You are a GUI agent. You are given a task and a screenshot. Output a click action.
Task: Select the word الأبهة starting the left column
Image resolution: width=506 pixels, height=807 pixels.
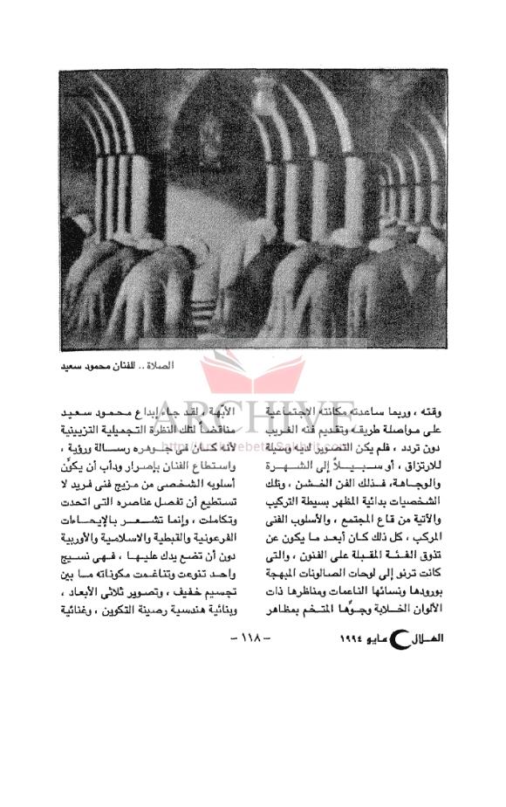coord(224,409)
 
